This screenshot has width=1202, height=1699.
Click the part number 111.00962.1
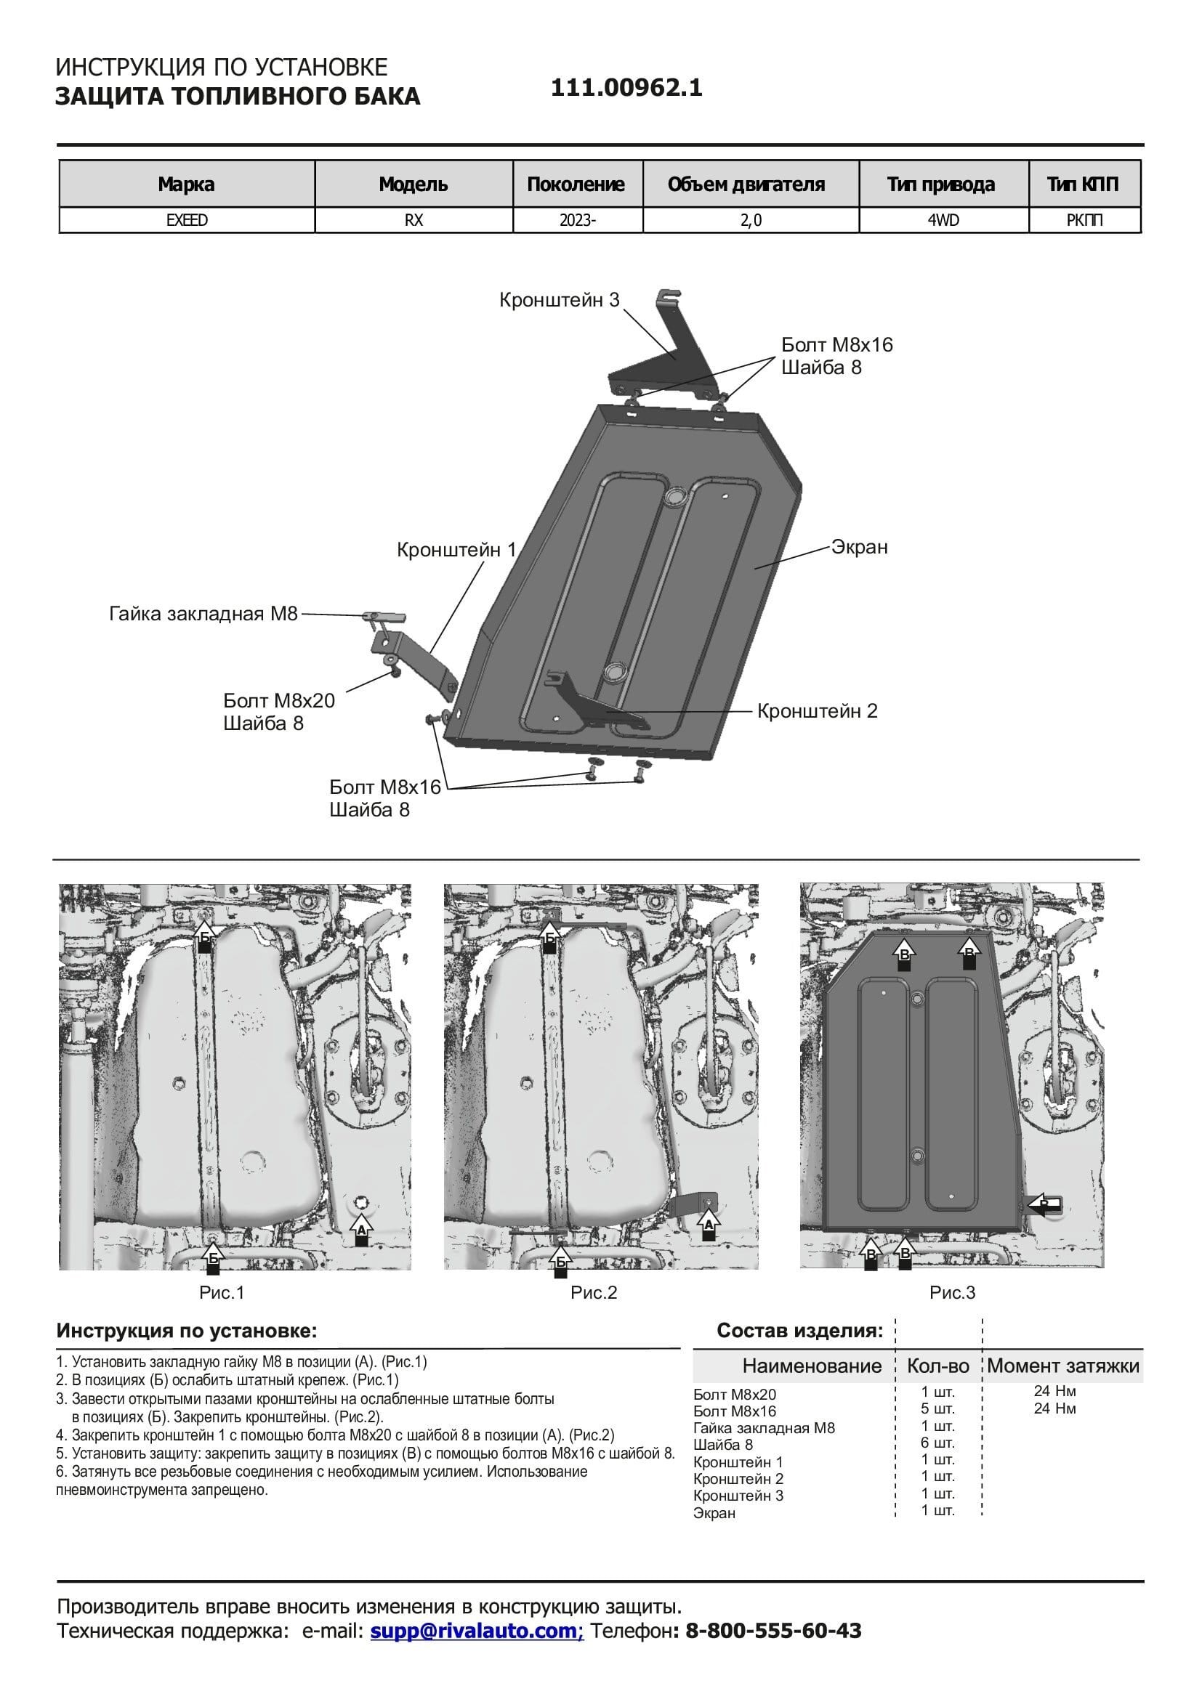point(626,89)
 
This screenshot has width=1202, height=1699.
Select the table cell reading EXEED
point(187,221)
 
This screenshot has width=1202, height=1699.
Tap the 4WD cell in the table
point(943,221)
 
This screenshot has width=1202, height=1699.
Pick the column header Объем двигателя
point(746,185)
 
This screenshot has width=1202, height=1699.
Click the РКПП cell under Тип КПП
point(1084,221)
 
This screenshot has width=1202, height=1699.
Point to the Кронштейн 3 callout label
point(559,301)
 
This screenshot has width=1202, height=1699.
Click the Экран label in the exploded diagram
point(858,548)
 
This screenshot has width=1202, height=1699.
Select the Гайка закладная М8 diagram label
point(203,615)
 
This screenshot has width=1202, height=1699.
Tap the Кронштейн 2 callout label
point(817,711)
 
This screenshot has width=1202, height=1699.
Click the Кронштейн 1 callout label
point(456,551)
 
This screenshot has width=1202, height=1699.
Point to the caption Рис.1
point(222,1293)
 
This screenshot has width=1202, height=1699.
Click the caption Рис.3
point(952,1293)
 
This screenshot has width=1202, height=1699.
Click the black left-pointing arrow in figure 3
point(1043,1204)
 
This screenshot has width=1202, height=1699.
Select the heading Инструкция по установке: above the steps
point(187,1331)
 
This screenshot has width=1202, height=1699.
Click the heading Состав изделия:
point(799,1331)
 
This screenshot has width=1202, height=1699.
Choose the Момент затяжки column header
point(1063,1366)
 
